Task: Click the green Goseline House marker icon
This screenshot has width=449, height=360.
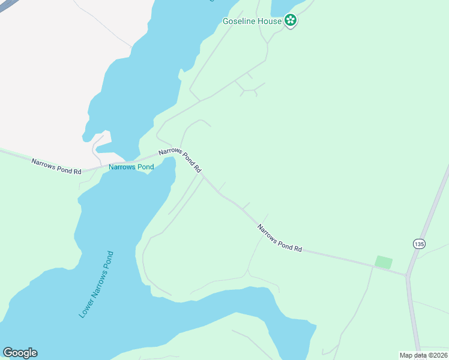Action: tap(291, 21)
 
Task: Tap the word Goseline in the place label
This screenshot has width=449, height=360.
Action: tap(238, 21)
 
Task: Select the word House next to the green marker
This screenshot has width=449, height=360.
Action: tap(270, 21)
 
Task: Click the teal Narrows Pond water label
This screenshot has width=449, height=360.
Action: tap(131, 167)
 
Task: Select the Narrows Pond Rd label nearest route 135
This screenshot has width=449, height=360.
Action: tap(279, 238)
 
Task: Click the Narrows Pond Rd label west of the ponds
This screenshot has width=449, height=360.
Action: tap(56, 166)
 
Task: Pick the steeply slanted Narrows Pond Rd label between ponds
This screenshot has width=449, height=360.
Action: tap(179, 161)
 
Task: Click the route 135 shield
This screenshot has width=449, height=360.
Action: tap(418, 244)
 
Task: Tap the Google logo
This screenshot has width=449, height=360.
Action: tap(20, 353)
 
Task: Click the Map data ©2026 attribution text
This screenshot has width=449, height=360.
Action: tap(423, 355)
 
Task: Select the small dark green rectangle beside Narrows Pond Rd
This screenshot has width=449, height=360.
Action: tap(383, 262)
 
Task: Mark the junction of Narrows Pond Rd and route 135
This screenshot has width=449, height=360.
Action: tap(408, 275)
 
